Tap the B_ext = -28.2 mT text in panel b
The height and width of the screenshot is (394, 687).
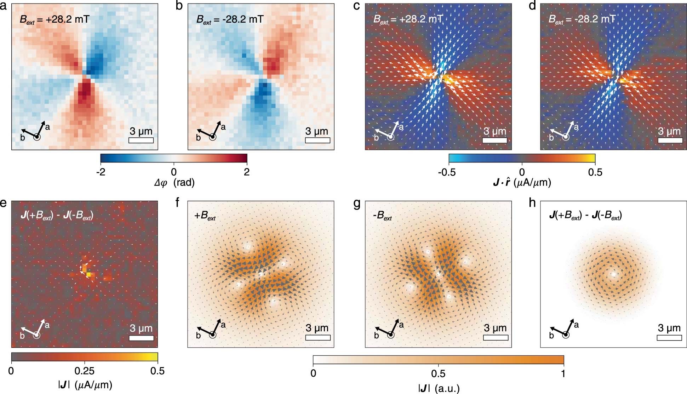click(230, 19)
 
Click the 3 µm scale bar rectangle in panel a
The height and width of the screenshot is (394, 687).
click(141, 140)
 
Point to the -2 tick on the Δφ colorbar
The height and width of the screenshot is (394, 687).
click(101, 172)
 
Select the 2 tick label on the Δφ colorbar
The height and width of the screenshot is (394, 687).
click(247, 172)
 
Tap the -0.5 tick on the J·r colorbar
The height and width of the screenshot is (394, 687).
click(447, 172)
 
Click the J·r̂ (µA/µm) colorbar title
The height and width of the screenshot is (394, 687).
click(522, 183)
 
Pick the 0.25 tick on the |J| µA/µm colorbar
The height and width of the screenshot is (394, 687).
click(85, 371)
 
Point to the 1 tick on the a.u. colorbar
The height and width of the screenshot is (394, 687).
click(563, 373)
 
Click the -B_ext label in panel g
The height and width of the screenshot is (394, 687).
click(382, 217)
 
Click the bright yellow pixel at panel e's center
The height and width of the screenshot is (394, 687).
click(88, 274)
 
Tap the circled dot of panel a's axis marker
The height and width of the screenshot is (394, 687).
click(37, 137)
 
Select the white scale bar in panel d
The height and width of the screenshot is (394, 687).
click(670, 140)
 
